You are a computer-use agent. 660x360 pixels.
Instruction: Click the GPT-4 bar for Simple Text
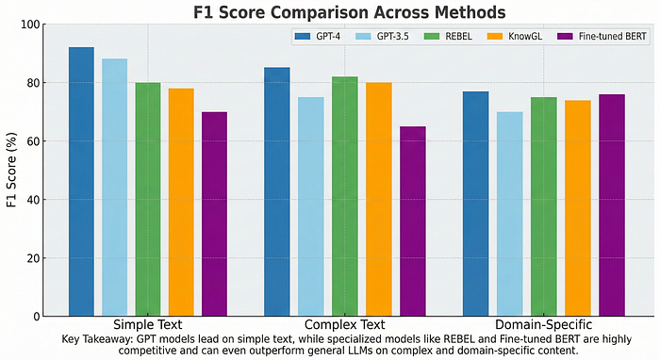click(x=81, y=182)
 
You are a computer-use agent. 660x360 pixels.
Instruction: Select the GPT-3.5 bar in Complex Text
click(x=311, y=206)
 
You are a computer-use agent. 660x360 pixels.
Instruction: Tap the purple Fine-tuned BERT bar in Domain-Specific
click(x=612, y=205)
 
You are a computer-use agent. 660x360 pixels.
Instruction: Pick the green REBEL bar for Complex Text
click(x=345, y=196)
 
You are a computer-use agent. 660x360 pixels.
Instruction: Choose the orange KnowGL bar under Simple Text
click(x=181, y=203)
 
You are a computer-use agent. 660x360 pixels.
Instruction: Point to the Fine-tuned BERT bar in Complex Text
click(x=413, y=221)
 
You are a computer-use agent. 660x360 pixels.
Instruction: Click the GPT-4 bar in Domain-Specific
click(x=475, y=204)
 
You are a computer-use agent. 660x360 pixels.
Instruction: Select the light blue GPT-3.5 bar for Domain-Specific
click(x=510, y=214)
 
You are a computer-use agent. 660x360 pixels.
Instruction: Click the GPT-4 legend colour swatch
click(x=303, y=36)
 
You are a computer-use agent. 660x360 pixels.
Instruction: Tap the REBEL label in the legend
click(x=459, y=36)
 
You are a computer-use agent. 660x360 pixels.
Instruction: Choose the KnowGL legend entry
click(x=515, y=36)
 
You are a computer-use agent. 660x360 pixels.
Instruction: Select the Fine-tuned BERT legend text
click(x=613, y=36)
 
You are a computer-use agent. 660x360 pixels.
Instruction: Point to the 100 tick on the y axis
click(x=30, y=25)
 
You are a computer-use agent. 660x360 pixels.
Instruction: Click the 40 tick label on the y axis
click(x=34, y=200)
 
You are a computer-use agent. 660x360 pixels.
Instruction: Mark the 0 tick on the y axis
click(x=37, y=317)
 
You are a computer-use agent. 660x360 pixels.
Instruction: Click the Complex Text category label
click(x=345, y=325)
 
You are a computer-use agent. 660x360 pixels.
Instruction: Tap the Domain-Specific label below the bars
click(x=543, y=325)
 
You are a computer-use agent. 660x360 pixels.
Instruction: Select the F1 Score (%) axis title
click(x=11, y=170)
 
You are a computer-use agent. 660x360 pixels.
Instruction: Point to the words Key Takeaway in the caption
click(x=98, y=339)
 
